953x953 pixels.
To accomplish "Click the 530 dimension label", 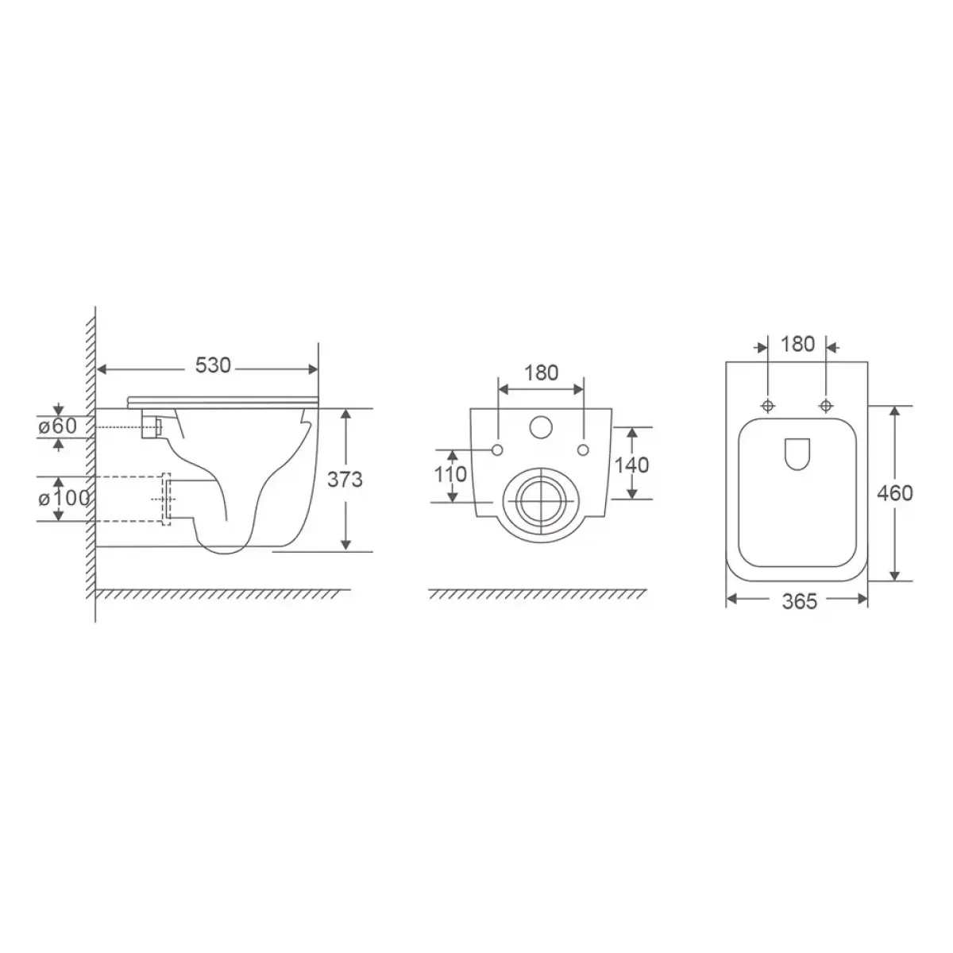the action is pos(213,365).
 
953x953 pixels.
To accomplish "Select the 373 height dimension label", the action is pos(345,479).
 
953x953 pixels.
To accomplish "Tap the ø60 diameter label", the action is pos(58,426).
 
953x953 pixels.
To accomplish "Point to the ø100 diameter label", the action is pos(64,499).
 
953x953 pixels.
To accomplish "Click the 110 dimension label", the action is pos(450,474).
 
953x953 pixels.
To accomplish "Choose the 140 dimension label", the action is pos(631,465).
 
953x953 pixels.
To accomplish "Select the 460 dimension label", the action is pos(895,493).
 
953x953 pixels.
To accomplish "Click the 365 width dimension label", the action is pos(800,601).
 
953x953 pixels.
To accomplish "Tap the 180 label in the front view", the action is pos(541,373).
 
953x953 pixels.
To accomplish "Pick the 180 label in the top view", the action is pos(797,344).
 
